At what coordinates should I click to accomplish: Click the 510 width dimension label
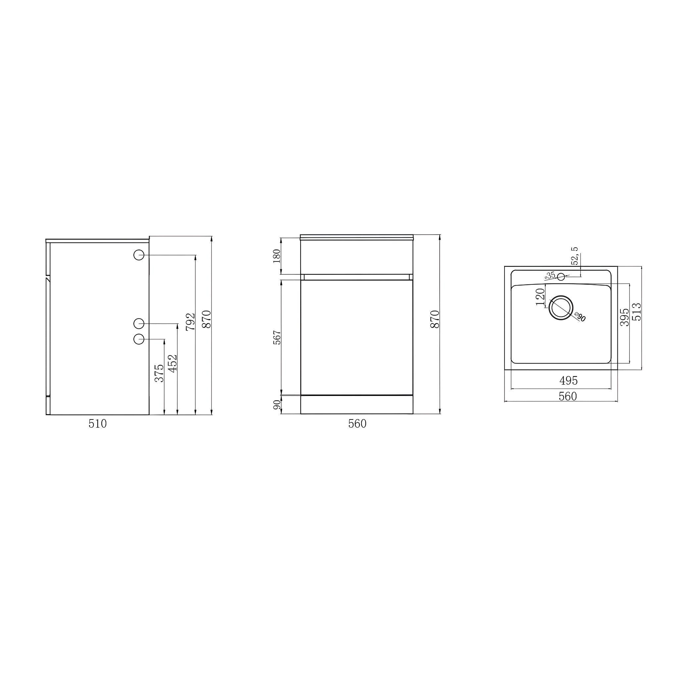[x=98, y=424]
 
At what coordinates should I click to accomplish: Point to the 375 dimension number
[x=159, y=373]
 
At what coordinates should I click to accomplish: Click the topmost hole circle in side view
[x=139, y=255]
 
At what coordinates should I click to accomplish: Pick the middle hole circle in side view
[x=139, y=323]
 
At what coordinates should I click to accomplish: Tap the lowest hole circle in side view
[x=139, y=339]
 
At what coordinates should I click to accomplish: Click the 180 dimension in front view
[x=277, y=256]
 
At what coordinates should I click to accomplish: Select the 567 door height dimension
[x=277, y=338]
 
